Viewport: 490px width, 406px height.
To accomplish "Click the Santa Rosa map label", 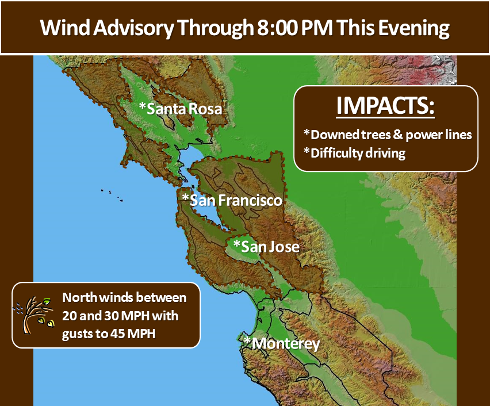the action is (181, 109).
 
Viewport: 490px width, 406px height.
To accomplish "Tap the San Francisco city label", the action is (232, 200).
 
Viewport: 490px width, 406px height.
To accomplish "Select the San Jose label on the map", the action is (266, 247).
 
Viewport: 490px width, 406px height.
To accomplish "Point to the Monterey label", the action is (282, 343).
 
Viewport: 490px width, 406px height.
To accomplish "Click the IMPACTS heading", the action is (385, 106).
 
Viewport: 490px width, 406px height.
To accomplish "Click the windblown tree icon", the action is (33, 315).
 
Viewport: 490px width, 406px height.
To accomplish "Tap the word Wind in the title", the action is (65, 28).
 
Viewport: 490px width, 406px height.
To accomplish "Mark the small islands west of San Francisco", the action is (112, 195).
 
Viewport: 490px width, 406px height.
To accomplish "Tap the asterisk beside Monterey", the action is (247, 340).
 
